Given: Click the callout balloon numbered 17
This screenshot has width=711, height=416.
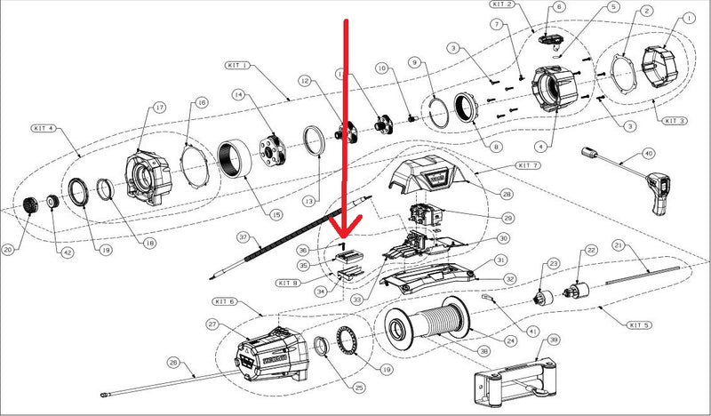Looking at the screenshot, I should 160,108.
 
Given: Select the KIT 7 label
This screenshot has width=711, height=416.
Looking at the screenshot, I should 528,166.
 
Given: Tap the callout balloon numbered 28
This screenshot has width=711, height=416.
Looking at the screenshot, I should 507,194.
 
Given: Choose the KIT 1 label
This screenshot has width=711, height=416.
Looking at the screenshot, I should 238,66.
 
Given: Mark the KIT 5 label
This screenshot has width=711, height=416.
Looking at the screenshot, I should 638,325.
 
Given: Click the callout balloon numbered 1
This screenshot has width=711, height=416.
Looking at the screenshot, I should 690,17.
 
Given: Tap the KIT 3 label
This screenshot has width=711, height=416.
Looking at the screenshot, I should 675,120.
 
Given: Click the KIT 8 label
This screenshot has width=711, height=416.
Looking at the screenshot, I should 287,283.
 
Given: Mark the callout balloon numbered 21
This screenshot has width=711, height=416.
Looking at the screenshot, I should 618,245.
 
